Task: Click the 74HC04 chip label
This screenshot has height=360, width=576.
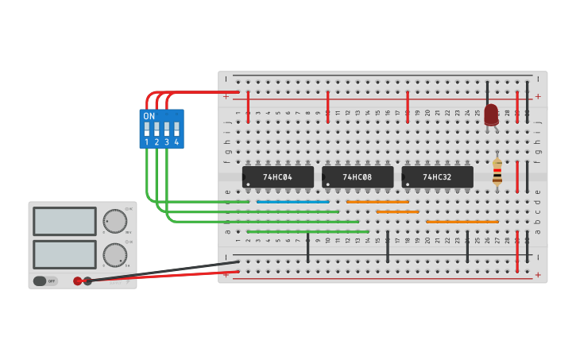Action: [x=277, y=177]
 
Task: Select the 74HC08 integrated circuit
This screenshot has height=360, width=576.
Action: [x=357, y=177]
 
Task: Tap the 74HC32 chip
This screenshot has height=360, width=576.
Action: [x=437, y=177]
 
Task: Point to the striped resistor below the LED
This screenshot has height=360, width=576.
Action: [x=497, y=172]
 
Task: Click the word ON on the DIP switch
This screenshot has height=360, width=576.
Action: [x=149, y=116]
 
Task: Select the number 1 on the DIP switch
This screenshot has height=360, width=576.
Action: [x=147, y=142]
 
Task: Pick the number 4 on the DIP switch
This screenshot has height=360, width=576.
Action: [x=176, y=142]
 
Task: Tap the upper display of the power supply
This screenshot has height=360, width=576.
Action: [x=64, y=221]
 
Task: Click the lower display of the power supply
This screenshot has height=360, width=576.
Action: [x=64, y=254]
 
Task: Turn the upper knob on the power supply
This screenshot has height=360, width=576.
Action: [x=114, y=220]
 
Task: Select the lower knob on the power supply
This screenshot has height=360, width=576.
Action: [x=114, y=254]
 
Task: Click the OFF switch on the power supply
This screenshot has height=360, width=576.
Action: [x=45, y=281]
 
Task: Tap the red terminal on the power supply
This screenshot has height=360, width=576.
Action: [x=78, y=281]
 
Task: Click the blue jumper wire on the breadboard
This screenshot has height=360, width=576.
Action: [x=293, y=202]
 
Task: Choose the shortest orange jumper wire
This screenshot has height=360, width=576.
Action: [x=397, y=211]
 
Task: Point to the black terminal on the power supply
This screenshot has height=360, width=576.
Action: [x=87, y=281]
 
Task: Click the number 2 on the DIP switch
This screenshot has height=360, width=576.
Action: [x=157, y=142]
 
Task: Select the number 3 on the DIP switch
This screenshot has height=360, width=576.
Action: [x=167, y=142]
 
